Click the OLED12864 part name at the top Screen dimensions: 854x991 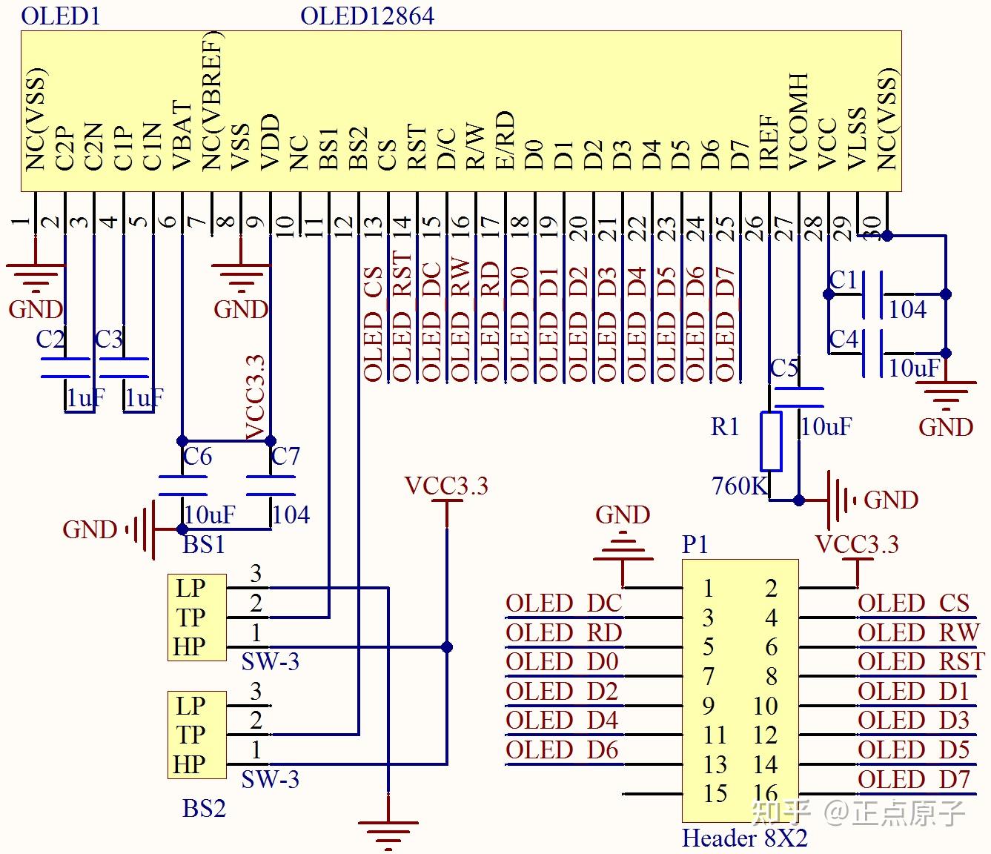(367, 16)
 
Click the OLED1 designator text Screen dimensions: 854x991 (60, 16)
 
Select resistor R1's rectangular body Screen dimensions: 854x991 (771, 442)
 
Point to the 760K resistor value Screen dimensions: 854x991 (739, 486)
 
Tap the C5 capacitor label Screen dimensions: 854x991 (783, 368)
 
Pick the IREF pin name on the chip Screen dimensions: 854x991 (769, 141)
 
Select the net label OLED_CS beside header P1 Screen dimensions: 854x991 (913, 603)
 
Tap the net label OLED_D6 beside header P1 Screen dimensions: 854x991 (562, 750)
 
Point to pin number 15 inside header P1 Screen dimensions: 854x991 (715, 793)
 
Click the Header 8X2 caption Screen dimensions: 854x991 (744, 838)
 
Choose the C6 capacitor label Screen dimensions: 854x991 (197, 456)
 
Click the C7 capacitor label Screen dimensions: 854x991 (285, 456)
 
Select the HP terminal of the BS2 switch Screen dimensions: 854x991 (190, 764)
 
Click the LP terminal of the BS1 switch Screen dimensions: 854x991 (190, 588)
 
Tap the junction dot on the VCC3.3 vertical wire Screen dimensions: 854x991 (447, 647)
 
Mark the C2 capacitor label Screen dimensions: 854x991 (50, 339)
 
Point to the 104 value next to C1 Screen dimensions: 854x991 (907, 309)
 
